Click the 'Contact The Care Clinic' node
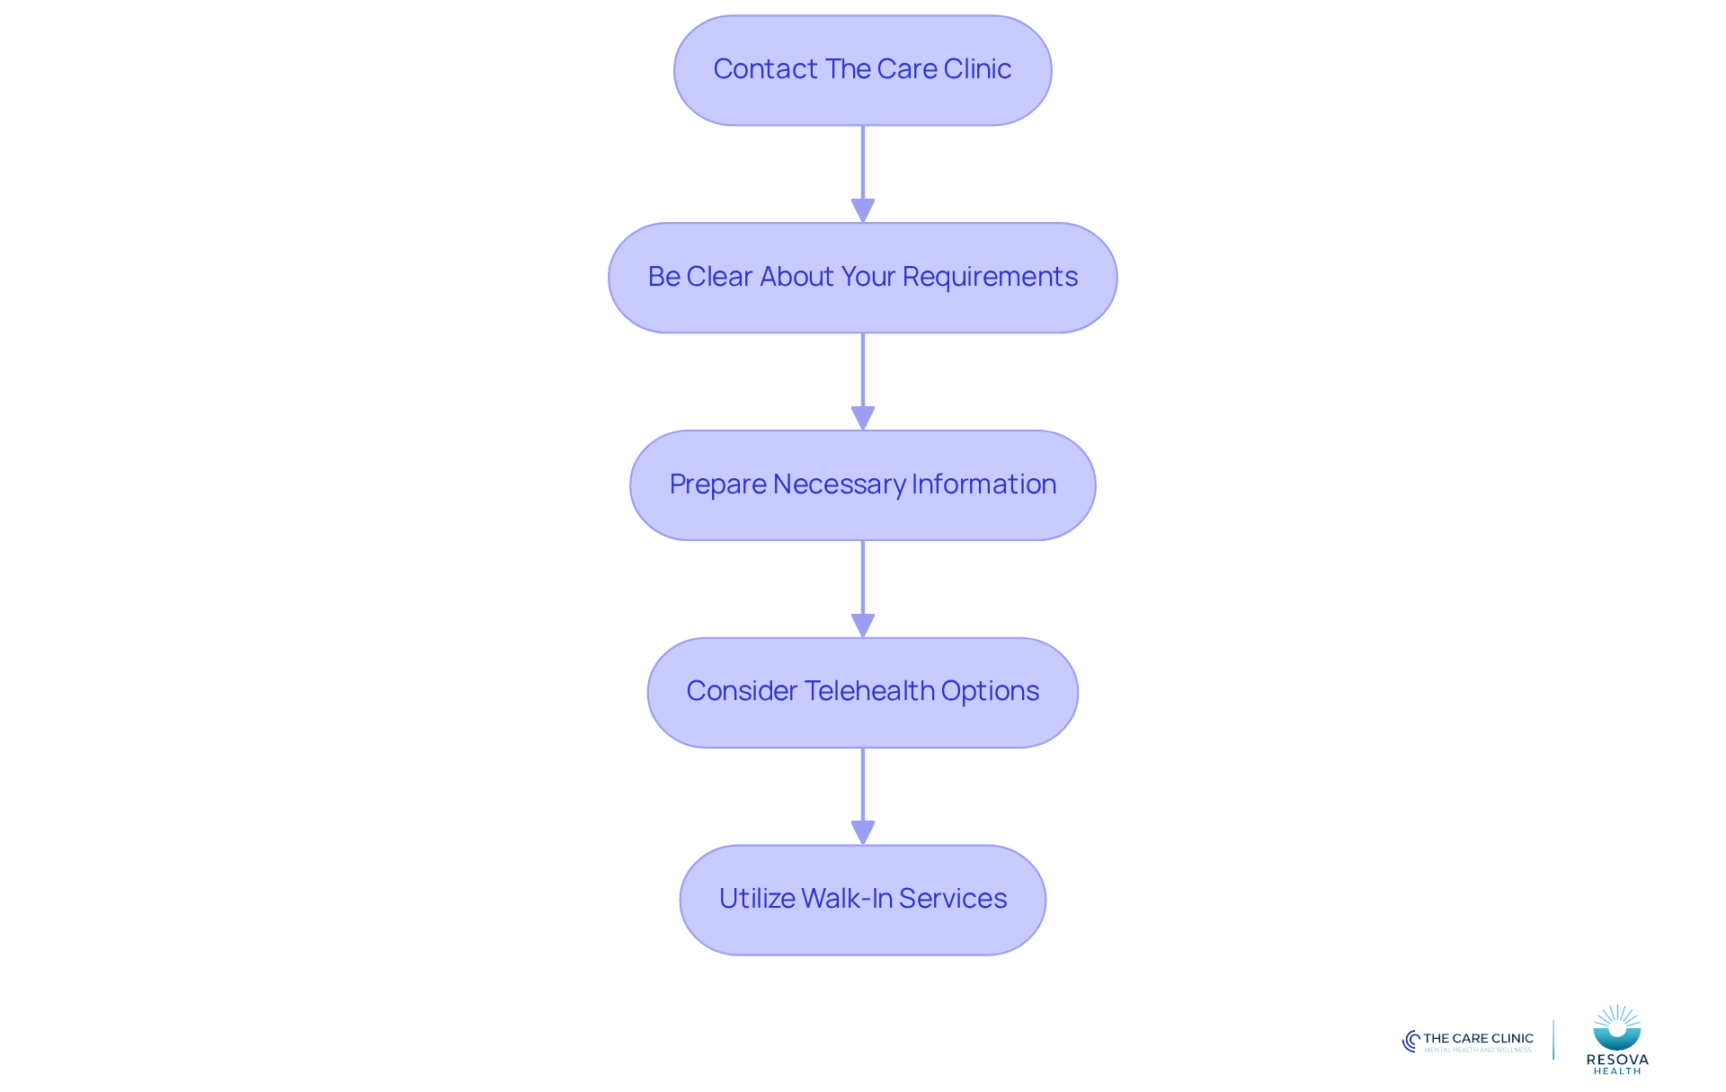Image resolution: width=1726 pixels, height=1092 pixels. [x=863, y=70]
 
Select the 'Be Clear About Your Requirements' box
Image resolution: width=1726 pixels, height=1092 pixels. [x=863, y=278]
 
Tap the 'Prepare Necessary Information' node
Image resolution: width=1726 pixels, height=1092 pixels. [x=863, y=485]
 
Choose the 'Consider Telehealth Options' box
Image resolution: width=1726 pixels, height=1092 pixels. [x=863, y=693]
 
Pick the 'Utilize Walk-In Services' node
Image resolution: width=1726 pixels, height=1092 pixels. [x=863, y=900]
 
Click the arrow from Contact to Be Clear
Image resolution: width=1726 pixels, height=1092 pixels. [x=863, y=174]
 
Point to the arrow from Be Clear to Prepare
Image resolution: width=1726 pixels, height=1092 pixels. [x=863, y=382]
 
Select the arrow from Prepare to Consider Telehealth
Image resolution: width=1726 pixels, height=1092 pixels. [x=863, y=590]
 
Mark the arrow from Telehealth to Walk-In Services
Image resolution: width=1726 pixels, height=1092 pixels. [x=863, y=796]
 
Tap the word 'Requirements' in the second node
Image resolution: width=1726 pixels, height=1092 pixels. [x=990, y=277]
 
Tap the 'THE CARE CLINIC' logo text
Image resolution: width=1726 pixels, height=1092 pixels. [x=1478, y=1038]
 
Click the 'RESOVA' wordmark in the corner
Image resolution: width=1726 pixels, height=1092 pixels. [x=1617, y=1060]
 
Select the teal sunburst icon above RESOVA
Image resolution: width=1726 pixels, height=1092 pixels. [x=1617, y=1028]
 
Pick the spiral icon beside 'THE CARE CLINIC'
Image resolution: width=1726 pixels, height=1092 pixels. [x=1411, y=1041]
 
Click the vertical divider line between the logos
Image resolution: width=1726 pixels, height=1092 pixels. [x=1553, y=1040]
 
